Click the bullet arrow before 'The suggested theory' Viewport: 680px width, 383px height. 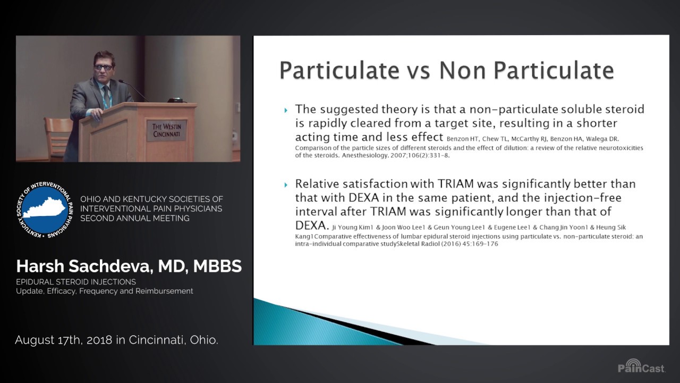(x=286, y=110)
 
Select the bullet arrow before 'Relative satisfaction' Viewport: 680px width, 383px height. (x=286, y=185)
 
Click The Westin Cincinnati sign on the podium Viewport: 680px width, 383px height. (x=166, y=130)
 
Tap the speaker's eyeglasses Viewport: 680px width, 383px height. (x=104, y=67)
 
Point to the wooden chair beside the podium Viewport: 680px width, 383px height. (x=57, y=137)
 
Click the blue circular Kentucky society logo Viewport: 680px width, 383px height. (x=45, y=209)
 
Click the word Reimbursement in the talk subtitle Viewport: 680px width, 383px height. (x=166, y=291)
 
